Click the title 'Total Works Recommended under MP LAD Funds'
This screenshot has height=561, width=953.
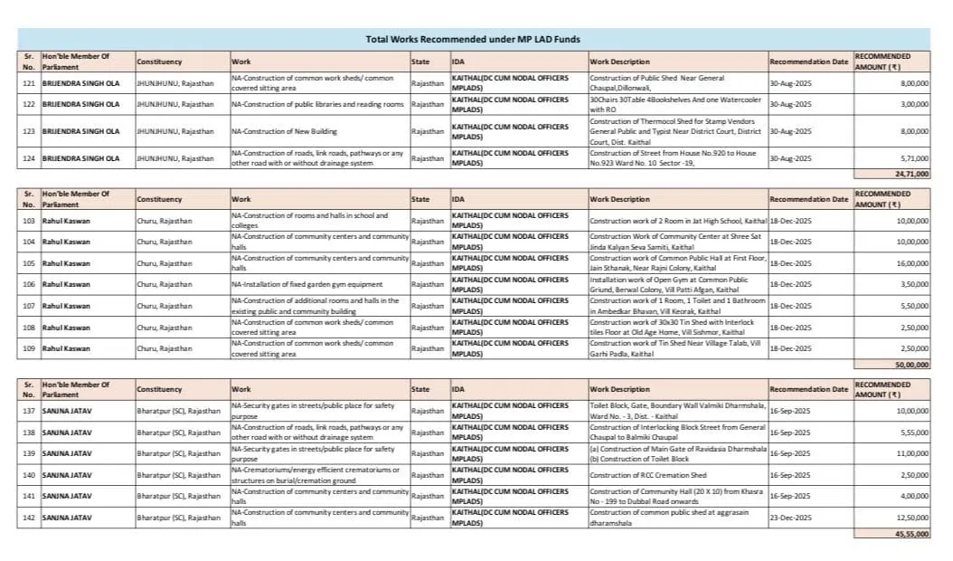(473, 39)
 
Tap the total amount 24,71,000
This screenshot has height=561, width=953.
(911, 173)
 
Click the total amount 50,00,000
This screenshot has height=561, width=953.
(911, 364)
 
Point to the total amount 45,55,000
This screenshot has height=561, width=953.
(911, 535)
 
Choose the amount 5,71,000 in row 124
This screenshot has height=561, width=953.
(915, 157)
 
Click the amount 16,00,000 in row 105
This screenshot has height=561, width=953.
(913, 263)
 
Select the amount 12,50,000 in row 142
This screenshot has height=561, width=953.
(913, 517)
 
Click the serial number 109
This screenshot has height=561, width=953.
(30, 348)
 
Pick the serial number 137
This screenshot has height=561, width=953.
(30, 411)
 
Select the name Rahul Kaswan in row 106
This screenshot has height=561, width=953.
(66, 284)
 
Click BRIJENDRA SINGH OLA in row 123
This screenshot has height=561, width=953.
(80, 131)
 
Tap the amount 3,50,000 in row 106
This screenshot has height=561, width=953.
(915, 284)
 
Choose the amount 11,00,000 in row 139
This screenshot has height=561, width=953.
(913, 453)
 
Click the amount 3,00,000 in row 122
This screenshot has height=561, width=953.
(915, 104)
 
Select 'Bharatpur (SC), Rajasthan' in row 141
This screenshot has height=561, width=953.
(178, 496)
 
